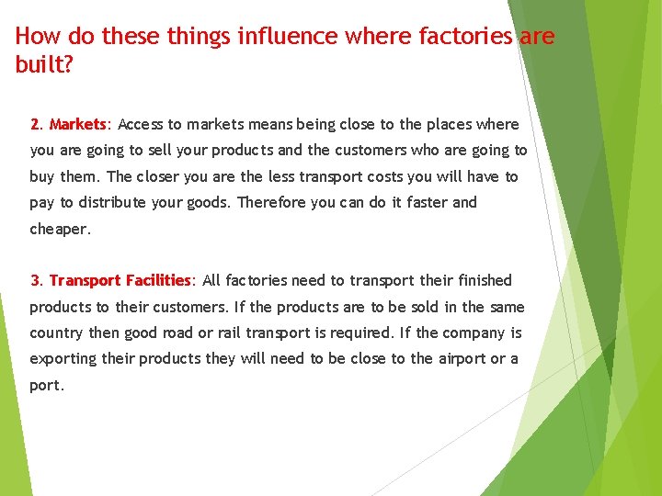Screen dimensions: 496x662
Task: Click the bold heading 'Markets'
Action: (x=78, y=124)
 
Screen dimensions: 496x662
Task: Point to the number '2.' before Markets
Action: (x=37, y=124)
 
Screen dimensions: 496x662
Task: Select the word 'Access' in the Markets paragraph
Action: (x=142, y=124)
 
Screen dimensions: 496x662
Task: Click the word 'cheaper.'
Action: (x=61, y=229)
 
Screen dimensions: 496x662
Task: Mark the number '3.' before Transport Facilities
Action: (x=37, y=280)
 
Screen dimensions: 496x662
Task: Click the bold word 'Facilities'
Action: (x=157, y=280)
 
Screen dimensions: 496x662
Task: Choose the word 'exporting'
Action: (x=63, y=358)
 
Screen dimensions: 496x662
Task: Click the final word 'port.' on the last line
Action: (x=47, y=385)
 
